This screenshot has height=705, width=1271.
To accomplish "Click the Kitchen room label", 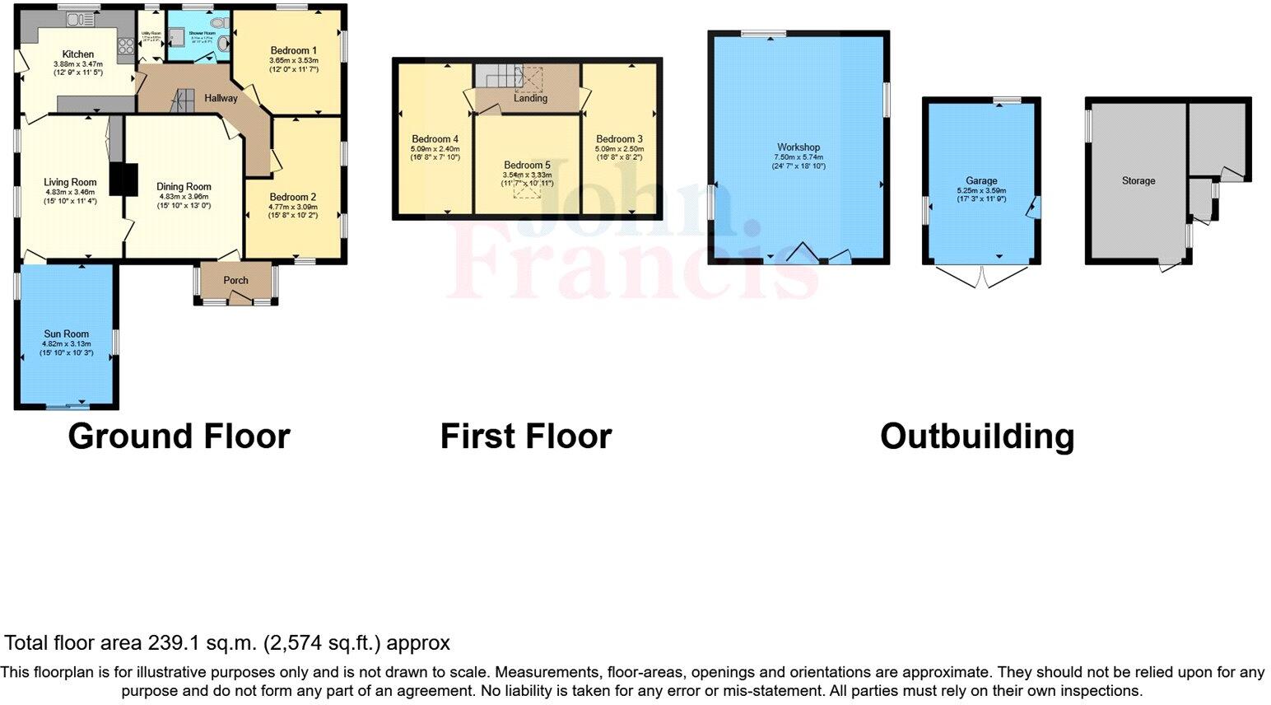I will [x=78, y=54].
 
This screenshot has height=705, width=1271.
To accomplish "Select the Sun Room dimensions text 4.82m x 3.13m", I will [x=67, y=344].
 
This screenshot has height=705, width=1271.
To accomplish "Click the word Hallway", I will [x=221, y=98].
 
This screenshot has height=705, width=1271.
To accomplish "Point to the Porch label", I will [x=235, y=280].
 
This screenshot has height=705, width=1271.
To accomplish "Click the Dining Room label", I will [x=184, y=187].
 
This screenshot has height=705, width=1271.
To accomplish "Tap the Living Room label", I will [x=70, y=183].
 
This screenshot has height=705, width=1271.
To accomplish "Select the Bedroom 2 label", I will [x=292, y=197].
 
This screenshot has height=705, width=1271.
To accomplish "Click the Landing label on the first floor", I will [x=530, y=98].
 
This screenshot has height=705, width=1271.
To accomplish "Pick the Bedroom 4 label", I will [x=435, y=139].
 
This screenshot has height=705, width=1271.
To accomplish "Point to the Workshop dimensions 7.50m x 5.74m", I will [x=797, y=157].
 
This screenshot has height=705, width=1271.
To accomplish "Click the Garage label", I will [x=981, y=180].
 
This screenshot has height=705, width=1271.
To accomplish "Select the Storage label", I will [x=1138, y=180].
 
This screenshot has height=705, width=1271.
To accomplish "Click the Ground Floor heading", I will [x=179, y=437].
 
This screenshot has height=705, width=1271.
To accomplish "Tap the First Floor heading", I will [x=526, y=437].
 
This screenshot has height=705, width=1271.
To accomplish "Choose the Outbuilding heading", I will [x=977, y=437].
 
